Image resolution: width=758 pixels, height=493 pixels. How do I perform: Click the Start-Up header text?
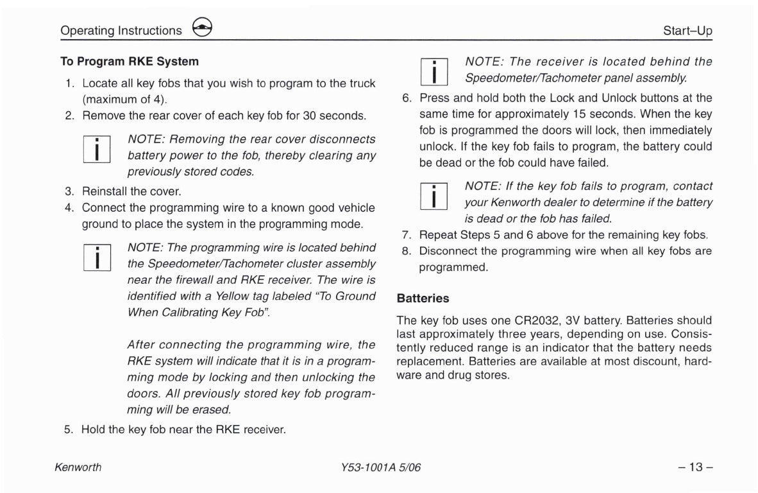687,31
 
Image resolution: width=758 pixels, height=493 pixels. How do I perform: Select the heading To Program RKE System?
129,62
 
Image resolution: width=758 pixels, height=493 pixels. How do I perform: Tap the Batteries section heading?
423,298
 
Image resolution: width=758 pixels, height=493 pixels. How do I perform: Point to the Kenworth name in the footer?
78,467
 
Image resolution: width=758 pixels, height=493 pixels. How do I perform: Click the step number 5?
69,429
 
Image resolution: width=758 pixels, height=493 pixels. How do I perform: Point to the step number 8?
405,251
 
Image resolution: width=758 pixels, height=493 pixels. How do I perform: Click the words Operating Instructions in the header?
121,31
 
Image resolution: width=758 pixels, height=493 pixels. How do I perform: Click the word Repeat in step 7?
436,234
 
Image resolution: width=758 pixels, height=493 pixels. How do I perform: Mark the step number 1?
69,83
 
